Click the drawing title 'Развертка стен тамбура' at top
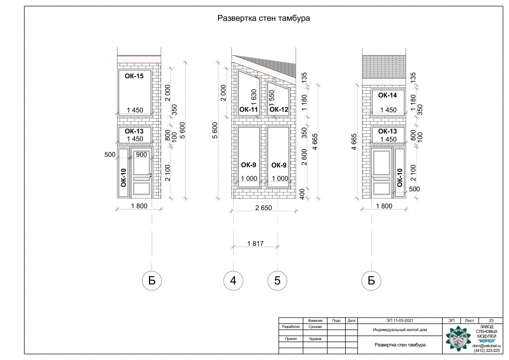coord(263,18)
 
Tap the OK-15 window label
coord(134,76)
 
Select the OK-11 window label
coord(249,109)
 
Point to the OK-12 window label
coord(279,109)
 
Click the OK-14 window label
coord(387,95)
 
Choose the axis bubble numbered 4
coord(233,281)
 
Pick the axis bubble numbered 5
coord(277,281)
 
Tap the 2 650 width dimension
coord(263,208)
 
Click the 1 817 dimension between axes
coord(255,244)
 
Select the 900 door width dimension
coord(141,155)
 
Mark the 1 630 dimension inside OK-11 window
coord(254,98)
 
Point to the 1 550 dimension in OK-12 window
coord(272,98)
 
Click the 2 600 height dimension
coord(304,157)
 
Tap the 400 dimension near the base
coord(302,194)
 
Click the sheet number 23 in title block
coord(491,321)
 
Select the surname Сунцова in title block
coord(315,327)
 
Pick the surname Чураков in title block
coord(315,339)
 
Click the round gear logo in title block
coord(458,339)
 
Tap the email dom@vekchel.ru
coord(487,346)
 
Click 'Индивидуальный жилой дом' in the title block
coord(400,329)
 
